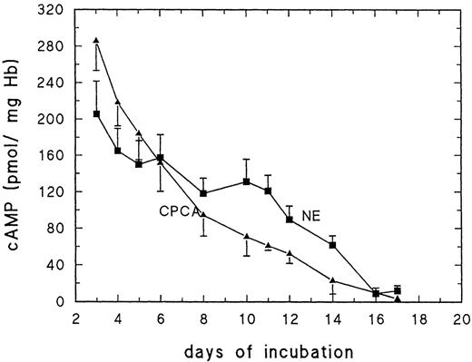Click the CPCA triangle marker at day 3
point(96,41)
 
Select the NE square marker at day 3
point(96,113)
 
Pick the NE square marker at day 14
point(332,245)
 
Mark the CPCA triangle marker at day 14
point(332,279)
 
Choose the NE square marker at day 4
point(118,150)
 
